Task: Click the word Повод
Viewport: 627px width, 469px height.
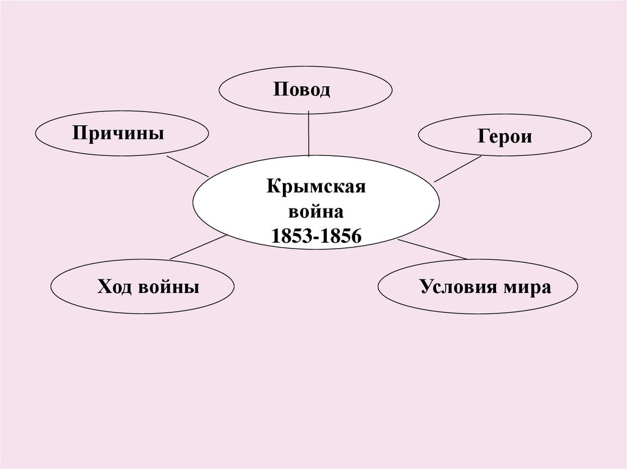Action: click(302, 90)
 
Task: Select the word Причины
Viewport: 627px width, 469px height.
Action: click(118, 132)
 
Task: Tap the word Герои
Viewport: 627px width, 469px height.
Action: click(505, 136)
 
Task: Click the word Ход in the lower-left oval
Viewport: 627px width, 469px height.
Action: click(114, 286)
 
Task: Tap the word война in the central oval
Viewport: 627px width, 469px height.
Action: click(316, 212)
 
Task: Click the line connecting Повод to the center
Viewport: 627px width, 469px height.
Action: click(309, 133)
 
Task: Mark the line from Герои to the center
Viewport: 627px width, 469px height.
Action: click(457, 169)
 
